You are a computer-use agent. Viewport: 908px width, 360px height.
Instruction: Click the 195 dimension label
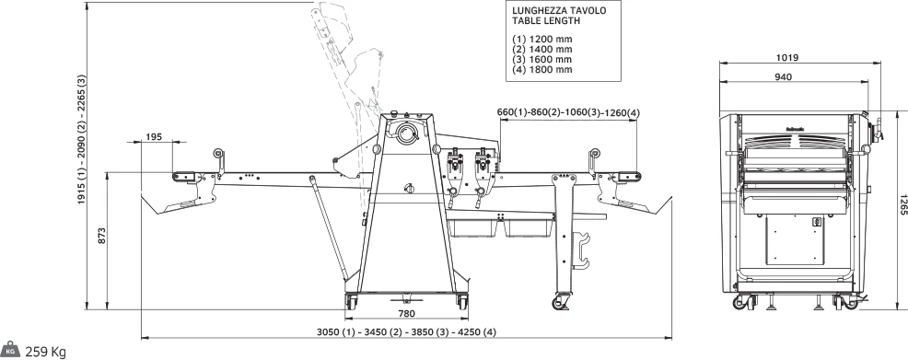pos(154,137)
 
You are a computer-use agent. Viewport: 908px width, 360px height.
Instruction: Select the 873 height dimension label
pos(102,236)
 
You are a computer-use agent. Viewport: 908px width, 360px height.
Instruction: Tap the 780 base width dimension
pos(406,314)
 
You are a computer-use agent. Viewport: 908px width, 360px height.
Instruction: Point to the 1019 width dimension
pos(787,58)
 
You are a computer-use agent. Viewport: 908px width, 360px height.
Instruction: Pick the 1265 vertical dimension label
pos(902,204)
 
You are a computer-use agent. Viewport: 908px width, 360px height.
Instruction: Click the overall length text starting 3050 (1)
pos(406,332)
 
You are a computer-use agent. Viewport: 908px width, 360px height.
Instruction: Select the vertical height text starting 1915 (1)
pos(82,139)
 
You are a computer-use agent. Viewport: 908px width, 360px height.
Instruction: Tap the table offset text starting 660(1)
pos(568,112)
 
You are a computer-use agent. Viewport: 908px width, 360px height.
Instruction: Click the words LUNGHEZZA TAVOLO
pos(559,10)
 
